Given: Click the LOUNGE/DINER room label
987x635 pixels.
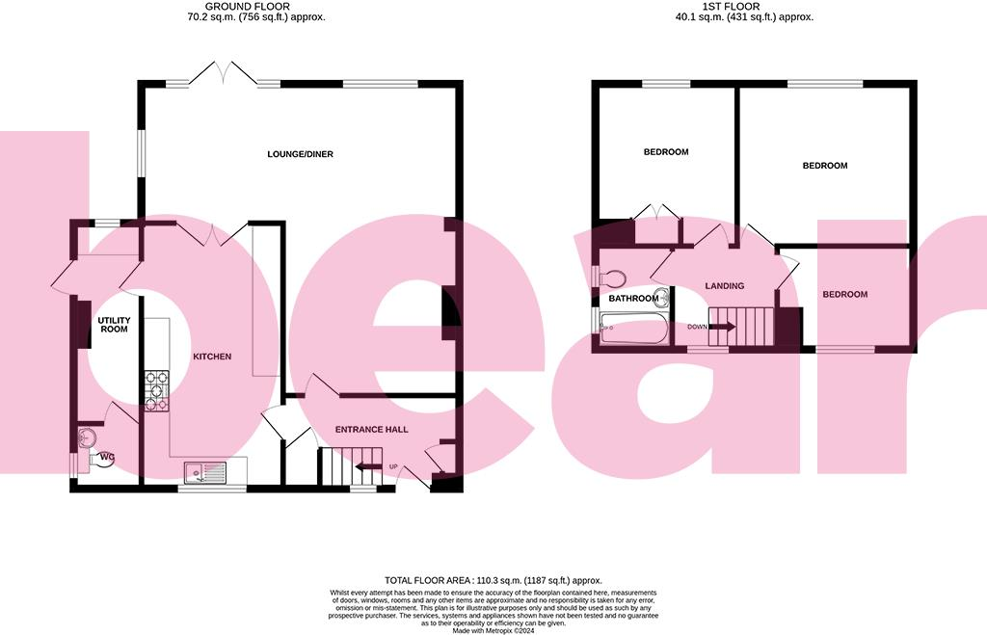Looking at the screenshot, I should [x=301, y=154].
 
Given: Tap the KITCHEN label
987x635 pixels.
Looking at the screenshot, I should [x=212, y=357].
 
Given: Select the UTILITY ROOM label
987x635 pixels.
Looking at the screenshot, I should [x=113, y=325].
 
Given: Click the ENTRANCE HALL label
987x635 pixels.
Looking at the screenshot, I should [x=371, y=429].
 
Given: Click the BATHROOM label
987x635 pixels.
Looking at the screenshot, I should [x=631, y=299].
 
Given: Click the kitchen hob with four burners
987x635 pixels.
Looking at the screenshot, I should [x=156, y=391].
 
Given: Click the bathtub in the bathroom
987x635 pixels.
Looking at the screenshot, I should [x=632, y=330].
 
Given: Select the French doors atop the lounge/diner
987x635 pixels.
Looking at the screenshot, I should [x=222, y=74].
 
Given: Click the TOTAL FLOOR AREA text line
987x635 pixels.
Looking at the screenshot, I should [x=493, y=580].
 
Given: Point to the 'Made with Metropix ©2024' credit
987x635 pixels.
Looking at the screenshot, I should [x=493, y=630].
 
